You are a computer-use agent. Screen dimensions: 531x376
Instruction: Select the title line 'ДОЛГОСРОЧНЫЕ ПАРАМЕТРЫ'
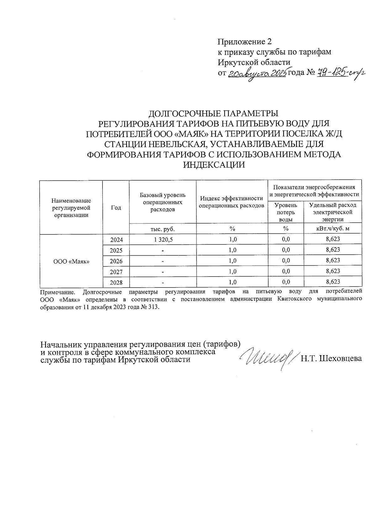point(213,113)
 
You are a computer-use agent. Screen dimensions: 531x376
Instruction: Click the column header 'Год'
point(116,207)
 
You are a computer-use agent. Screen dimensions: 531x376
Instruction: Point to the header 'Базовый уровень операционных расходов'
point(163,202)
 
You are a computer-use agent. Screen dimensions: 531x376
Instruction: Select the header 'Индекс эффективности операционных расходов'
point(232,202)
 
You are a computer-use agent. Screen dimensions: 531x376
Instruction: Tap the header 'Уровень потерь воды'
point(286,212)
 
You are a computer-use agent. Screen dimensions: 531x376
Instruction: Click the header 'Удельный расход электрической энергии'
point(333,212)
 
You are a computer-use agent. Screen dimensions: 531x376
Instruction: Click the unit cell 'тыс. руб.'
point(163,229)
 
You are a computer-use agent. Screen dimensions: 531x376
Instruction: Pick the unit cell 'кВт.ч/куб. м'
point(333,229)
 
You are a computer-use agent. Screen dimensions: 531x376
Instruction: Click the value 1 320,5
point(163,240)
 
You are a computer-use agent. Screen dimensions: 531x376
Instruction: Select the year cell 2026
point(116,261)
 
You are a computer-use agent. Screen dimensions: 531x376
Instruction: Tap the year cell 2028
point(116,282)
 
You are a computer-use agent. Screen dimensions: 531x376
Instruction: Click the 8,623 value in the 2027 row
point(333,271)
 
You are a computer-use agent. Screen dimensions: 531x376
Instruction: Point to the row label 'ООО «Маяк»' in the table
point(71,261)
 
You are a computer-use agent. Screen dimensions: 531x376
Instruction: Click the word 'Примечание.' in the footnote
point(58,292)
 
